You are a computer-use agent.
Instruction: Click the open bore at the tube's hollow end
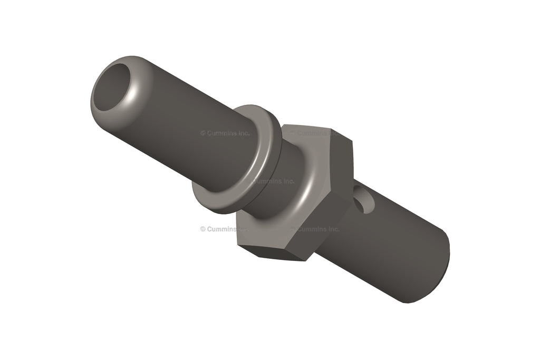pos(113,87)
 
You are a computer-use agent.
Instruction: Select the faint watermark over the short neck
pos(274,181)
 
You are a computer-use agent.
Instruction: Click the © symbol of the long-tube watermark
pos(202,133)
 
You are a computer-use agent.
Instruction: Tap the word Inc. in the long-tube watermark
pos(242,133)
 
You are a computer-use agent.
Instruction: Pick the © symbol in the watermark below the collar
pos(202,229)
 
